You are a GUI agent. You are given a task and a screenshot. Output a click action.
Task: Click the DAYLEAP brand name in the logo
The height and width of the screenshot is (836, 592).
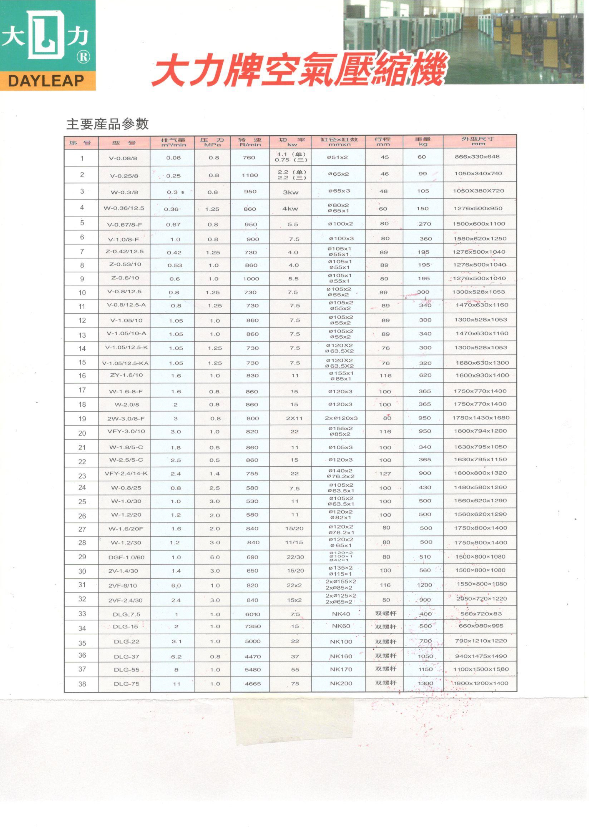(46, 81)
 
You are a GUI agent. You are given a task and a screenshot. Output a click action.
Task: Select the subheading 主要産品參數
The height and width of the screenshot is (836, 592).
(108, 124)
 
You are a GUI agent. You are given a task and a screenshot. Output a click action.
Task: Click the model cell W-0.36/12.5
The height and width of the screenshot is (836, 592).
(124, 208)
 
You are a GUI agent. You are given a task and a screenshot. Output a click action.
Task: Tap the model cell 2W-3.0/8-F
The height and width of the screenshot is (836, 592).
(126, 418)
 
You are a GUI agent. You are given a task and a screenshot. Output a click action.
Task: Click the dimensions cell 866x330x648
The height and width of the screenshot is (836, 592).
(477, 157)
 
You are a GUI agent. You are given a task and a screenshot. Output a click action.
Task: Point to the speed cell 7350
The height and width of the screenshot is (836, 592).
(253, 626)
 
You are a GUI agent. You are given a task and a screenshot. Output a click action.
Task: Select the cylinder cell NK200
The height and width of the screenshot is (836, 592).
(341, 683)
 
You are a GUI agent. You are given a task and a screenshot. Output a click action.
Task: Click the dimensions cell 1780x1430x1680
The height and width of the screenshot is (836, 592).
(480, 418)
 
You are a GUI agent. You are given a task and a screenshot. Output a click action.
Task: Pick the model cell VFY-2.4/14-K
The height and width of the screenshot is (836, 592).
(126, 474)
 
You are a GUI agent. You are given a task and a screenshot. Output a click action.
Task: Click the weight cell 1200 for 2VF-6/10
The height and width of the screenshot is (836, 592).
(424, 585)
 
